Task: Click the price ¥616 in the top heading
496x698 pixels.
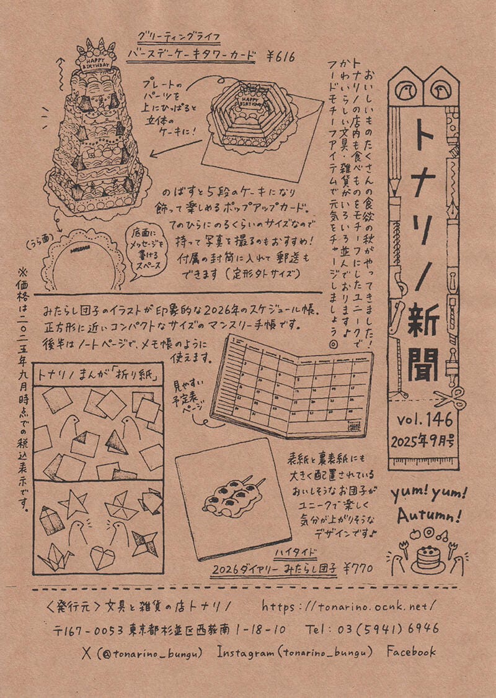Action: (x=280, y=57)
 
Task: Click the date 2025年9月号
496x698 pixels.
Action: (x=425, y=442)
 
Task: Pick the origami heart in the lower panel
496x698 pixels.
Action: (x=102, y=557)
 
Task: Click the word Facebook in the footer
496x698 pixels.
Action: (x=411, y=651)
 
